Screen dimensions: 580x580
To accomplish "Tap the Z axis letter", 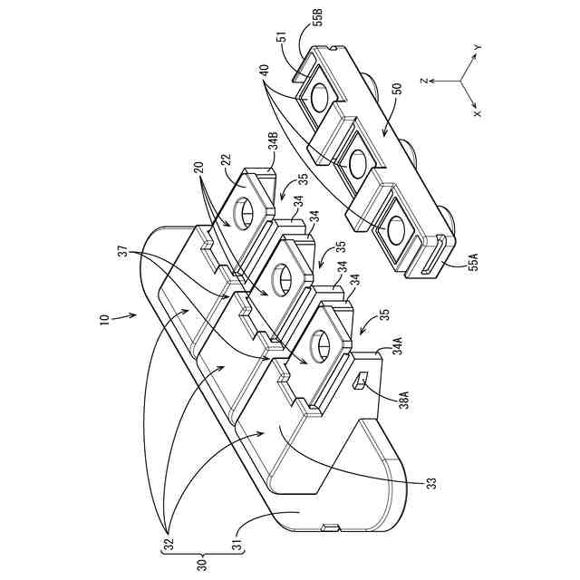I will click(x=422, y=78).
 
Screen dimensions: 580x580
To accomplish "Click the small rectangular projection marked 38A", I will click(x=358, y=382).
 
